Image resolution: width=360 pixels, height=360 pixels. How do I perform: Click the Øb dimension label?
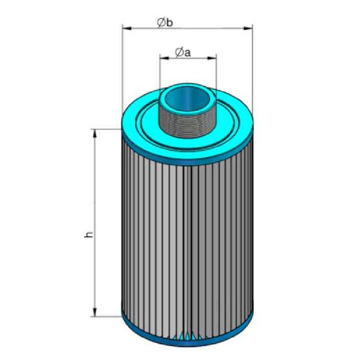click(x=165, y=23)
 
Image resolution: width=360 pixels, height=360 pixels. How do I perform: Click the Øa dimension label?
click(x=183, y=53)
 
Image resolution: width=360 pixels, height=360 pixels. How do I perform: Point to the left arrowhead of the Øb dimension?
click(x=127, y=28)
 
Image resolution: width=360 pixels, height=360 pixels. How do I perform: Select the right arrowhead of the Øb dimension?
click(x=248, y=28)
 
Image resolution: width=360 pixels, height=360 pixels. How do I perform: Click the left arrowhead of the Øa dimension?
click(x=164, y=58)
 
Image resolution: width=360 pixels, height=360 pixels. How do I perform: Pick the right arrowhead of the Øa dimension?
click(x=211, y=58)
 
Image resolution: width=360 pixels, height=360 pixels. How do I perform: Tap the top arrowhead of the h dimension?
click(x=94, y=134)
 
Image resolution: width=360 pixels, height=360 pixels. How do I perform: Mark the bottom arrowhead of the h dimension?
click(x=94, y=312)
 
